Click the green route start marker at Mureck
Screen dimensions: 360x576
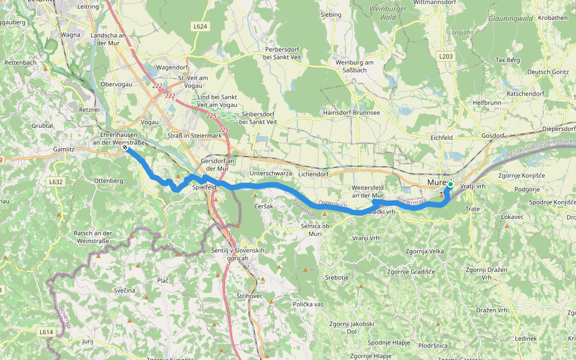pyautogui.click(x=450, y=184)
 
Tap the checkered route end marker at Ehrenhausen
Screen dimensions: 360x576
pyautogui.click(x=124, y=147)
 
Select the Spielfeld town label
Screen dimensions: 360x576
pyautogui.click(x=204, y=187)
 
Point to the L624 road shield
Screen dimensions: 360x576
pyautogui.click(x=200, y=26)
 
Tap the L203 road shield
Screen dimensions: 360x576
pyautogui.click(x=445, y=56)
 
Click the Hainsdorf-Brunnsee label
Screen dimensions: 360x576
pyautogui.click(x=352, y=112)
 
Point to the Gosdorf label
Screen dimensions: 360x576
pyautogui.click(x=493, y=136)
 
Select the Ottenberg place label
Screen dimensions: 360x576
pyautogui.click(x=109, y=180)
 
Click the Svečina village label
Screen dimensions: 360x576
pyautogui.click(x=124, y=290)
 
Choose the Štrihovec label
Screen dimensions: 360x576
pyautogui.click(x=249, y=295)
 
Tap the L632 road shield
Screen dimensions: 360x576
pyautogui.click(x=56, y=182)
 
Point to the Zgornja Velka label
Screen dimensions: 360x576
pyautogui.click(x=425, y=251)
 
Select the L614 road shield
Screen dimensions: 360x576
pyautogui.click(x=47, y=331)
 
